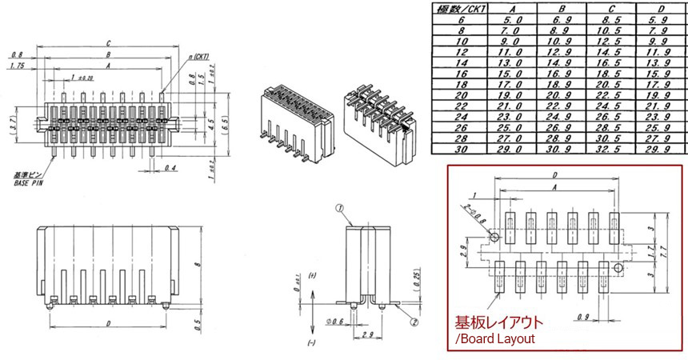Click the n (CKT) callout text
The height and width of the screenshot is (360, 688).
[198, 58]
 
